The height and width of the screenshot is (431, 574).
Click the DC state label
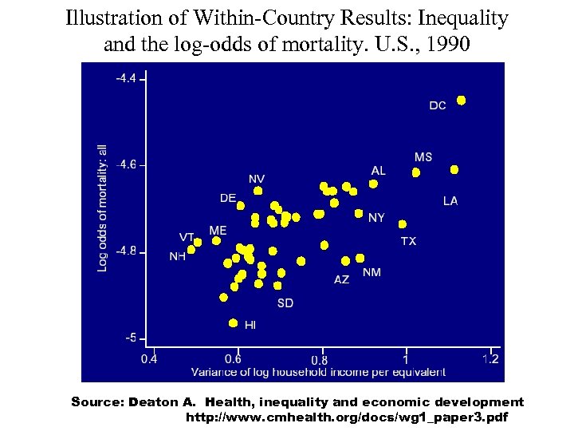(x=438, y=106)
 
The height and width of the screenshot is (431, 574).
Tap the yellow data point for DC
(x=461, y=101)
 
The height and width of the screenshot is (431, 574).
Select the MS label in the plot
(x=423, y=157)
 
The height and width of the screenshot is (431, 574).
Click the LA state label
(x=450, y=201)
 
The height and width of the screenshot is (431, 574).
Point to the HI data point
(x=233, y=323)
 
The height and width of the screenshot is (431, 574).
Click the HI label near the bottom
(x=250, y=325)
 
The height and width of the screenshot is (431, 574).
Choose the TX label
(x=408, y=240)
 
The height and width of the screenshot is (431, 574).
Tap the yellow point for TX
(x=403, y=224)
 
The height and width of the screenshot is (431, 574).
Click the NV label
(x=257, y=178)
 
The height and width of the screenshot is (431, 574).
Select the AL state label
(x=378, y=171)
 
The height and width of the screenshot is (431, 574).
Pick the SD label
(x=285, y=302)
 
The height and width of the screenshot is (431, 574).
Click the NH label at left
(x=177, y=256)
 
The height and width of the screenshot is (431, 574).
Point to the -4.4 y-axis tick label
(x=126, y=78)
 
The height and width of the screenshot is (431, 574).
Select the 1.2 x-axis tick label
(x=490, y=359)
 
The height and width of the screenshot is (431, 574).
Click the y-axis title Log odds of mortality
(x=102, y=208)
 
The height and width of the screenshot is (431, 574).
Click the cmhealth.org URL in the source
(x=346, y=417)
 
